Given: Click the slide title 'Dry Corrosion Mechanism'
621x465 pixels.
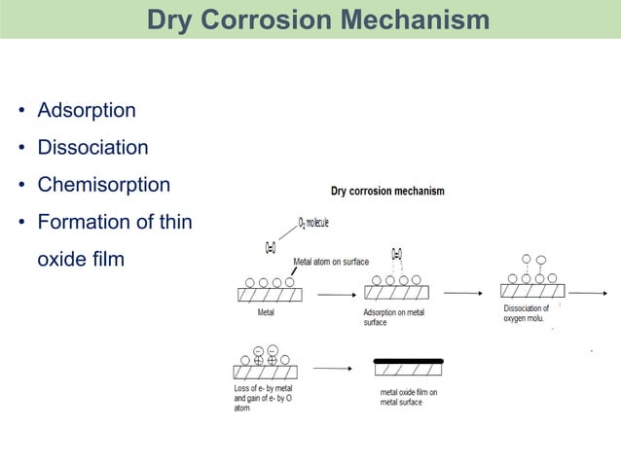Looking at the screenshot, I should point(318,19).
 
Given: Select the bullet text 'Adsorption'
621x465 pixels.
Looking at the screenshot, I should point(86,111).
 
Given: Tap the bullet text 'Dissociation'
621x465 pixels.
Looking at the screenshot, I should point(92,148).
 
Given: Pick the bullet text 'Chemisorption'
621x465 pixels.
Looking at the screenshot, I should point(103,185).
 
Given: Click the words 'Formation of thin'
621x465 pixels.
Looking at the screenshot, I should point(114,222).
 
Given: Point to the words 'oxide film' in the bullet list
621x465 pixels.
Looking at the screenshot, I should point(80,260).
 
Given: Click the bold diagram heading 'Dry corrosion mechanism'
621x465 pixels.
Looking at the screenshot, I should point(387,191).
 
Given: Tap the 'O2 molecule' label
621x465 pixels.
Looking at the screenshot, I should point(307,223).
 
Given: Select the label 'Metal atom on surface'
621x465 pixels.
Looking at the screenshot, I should point(331,262).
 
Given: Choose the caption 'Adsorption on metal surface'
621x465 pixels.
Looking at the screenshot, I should point(394,317).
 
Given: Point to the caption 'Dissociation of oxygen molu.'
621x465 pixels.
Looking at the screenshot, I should point(527,313).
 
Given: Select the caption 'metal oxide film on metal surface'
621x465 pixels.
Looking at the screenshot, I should point(408,397).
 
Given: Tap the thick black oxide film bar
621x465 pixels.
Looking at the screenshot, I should point(409,361).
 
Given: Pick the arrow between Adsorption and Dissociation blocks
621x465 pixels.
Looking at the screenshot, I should point(462,292).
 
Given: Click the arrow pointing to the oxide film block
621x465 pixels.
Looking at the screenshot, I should point(332,369).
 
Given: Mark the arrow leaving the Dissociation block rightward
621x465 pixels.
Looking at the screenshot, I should point(588,292).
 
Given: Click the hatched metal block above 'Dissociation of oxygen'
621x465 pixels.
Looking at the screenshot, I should point(531,291).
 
